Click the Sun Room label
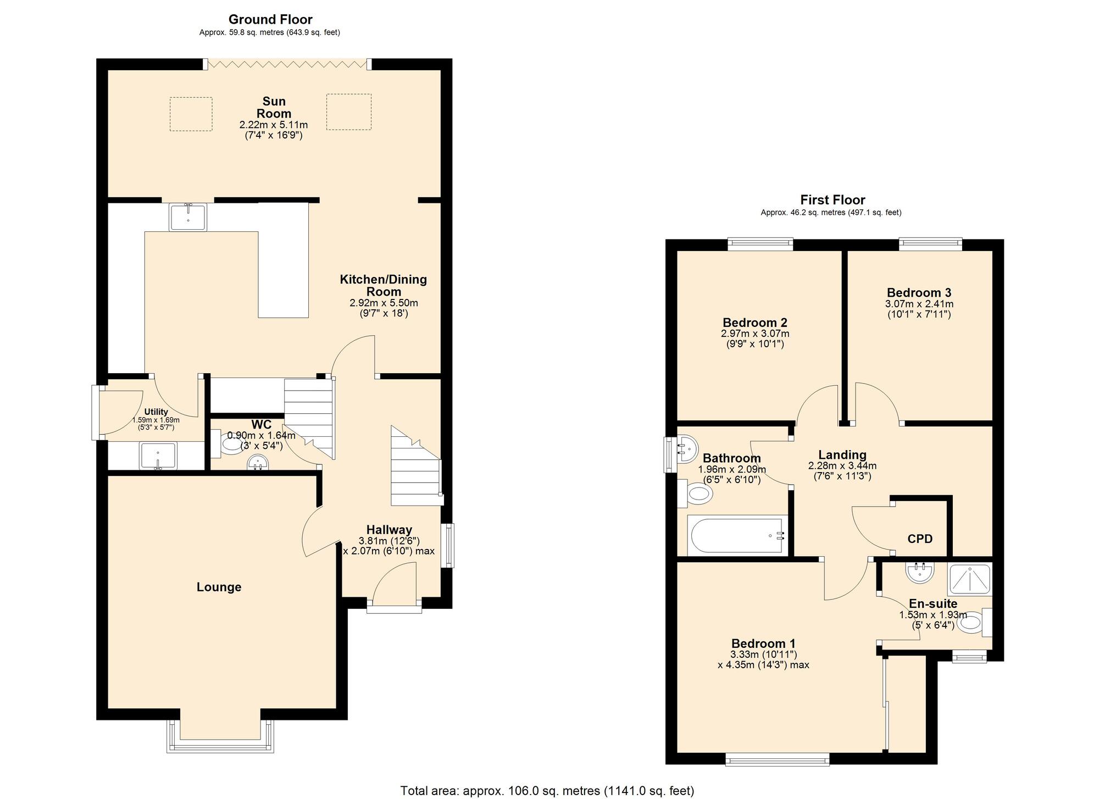tap(274, 107)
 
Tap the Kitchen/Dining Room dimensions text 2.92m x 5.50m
tap(384, 303)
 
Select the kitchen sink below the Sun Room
tap(188, 217)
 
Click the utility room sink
tap(158, 456)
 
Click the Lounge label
tap(219, 587)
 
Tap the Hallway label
tap(389, 530)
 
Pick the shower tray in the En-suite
tap(970, 580)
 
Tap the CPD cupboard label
tap(920, 539)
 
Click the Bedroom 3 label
tap(919, 292)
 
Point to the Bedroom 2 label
tap(754, 323)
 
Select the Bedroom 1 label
tap(763, 643)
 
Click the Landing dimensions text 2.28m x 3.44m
tap(842, 466)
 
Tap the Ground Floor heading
tap(270, 19)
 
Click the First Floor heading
tap(832, 199)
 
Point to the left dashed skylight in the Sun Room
tap(191, 114)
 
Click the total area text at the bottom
tap(547, 790)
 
